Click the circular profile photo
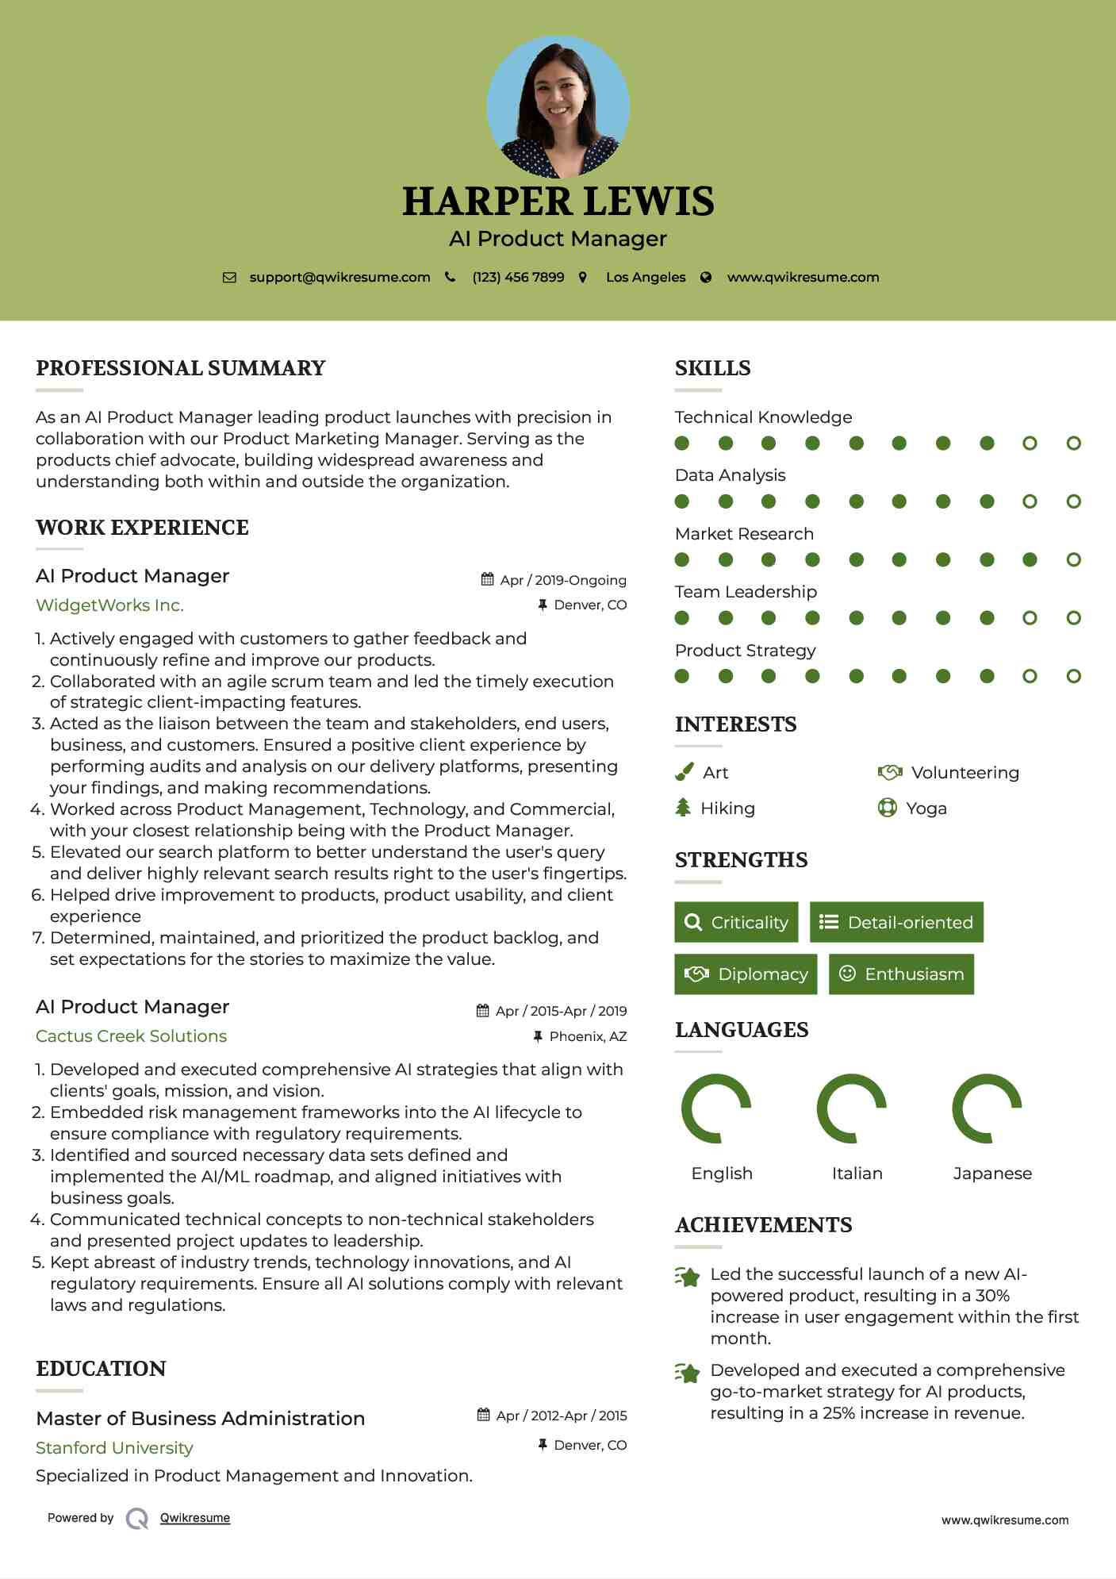(558, 106)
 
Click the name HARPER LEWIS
(558, 202)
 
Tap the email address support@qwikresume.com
(339, 277)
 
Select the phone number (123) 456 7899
(518, 277)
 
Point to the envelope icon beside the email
(229, 277)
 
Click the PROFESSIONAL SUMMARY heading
(181, 368)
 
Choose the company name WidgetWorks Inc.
(109, 605)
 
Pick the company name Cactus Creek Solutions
(131, 1036)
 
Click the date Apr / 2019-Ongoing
(562, 580)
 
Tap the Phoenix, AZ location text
(588, 1036)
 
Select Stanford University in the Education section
(114, 1448)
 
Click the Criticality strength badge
(736, 922)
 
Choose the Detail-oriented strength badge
(896, 922)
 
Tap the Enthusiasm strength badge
(901, 974)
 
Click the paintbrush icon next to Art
(684, 772)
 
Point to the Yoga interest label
(926, 809)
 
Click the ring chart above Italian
(851, 1108)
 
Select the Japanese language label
(992, 1174)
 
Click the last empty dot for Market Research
(1073, 560)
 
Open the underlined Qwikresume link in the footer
(195, 1518)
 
